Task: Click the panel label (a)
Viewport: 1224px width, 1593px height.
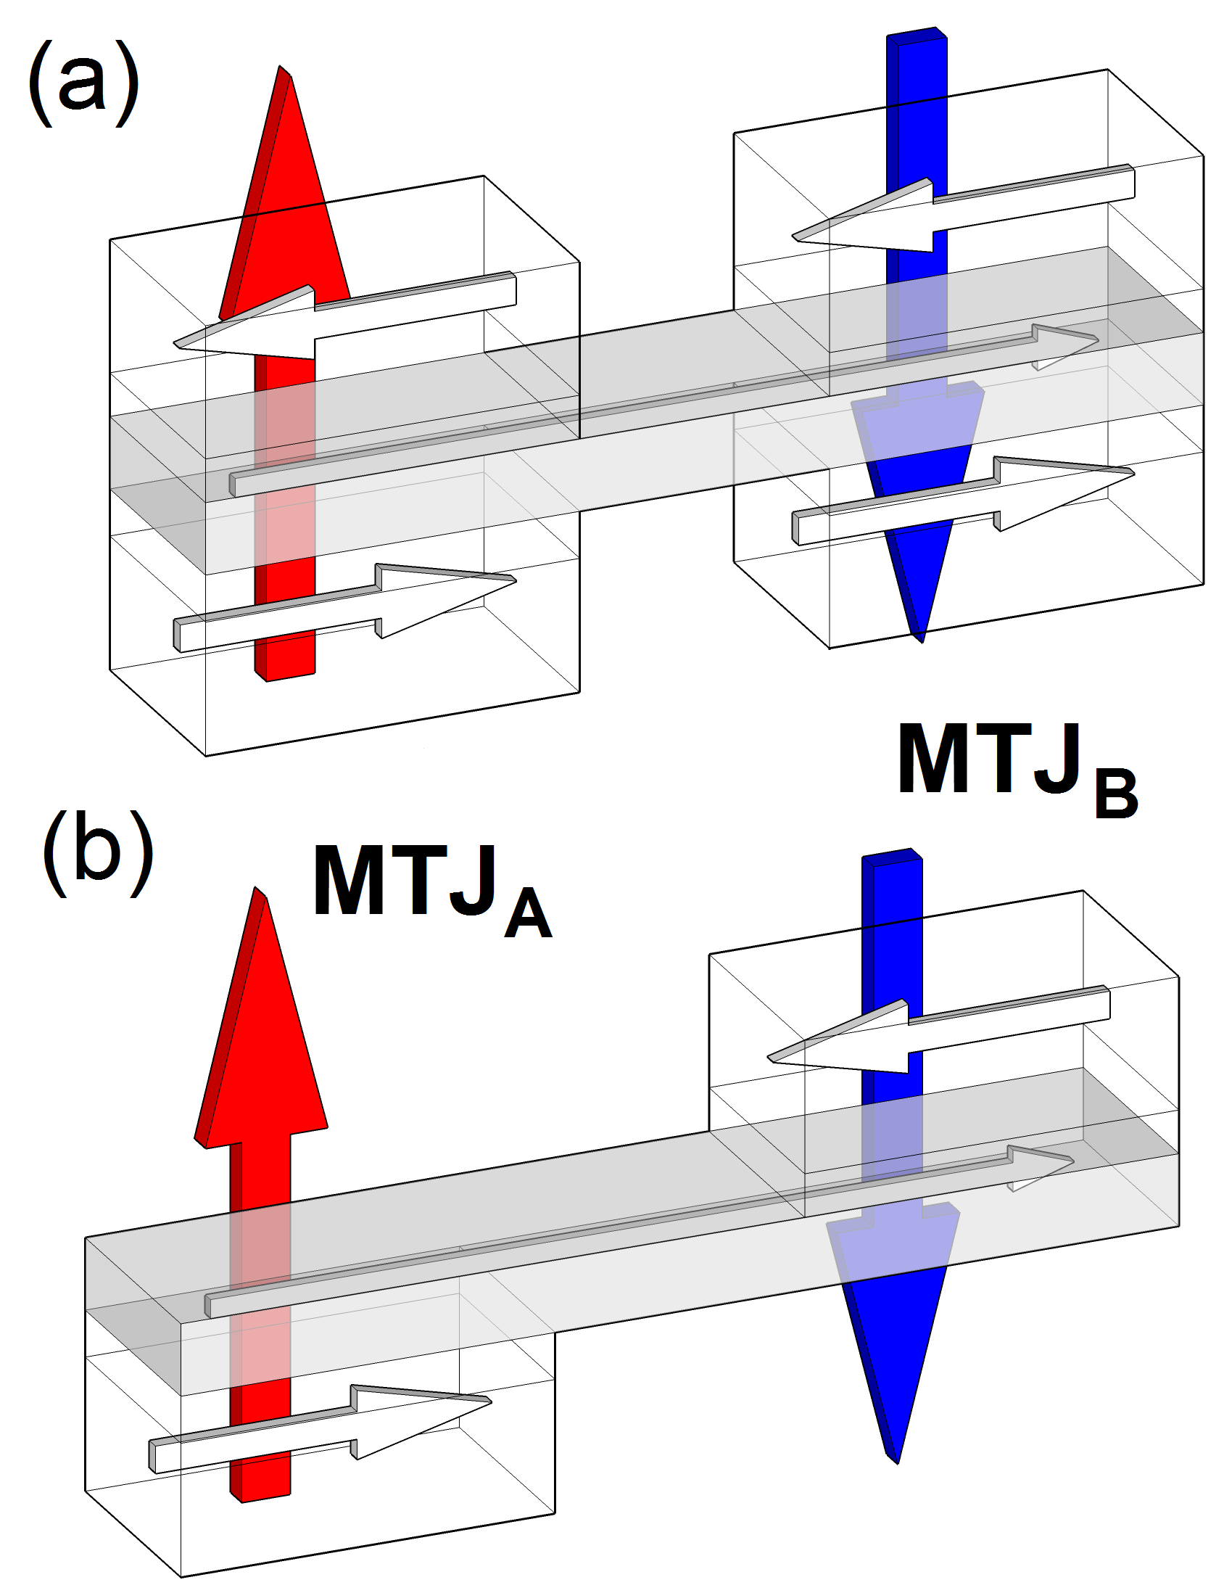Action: coord(84,84)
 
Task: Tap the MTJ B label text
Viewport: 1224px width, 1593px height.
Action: coord(1016,765)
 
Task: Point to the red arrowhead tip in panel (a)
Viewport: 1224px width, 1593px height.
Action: coord(281,67)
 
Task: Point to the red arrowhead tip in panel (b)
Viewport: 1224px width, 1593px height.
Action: coord(257,889)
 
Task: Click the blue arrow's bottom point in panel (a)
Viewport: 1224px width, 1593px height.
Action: coord(922,641)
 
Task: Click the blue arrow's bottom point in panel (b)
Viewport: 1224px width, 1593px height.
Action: coord(897,1462)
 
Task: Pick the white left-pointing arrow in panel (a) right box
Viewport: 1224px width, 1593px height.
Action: coord(962,211)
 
